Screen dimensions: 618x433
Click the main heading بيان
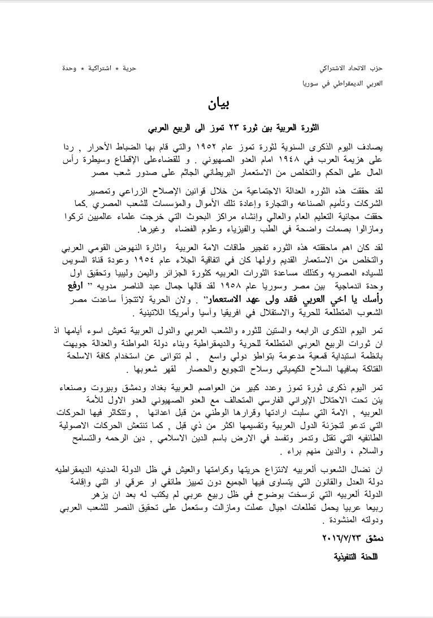click(x=216, y=104)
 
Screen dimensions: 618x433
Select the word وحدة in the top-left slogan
click(x=70, y=68)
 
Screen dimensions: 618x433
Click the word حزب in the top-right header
click(x=377, y=68)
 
